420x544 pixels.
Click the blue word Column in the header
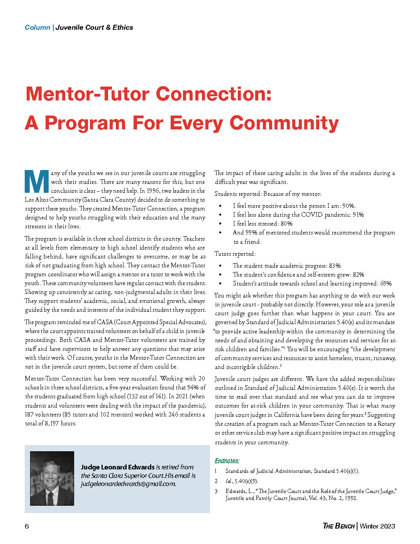(x=37, y=27)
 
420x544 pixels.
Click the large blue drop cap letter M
(x=37, y=182)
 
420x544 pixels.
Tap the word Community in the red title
(x=284, y=123)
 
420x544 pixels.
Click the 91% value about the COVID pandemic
(x=358, y=215)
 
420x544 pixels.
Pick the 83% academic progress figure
(x=335, y=266)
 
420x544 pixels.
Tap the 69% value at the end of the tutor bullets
(x=386, y=284)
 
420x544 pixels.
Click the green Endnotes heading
(x=227, y=461)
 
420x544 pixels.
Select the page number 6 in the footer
(x=27, y=526)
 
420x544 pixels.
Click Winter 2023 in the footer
(x=377, y=526)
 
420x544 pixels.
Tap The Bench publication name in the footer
(x=339, y=526)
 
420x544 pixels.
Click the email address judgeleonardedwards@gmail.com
(x=128, y=484)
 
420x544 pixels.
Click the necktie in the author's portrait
(x=51, y=498)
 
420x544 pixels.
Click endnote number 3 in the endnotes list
(x=217, y=491)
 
